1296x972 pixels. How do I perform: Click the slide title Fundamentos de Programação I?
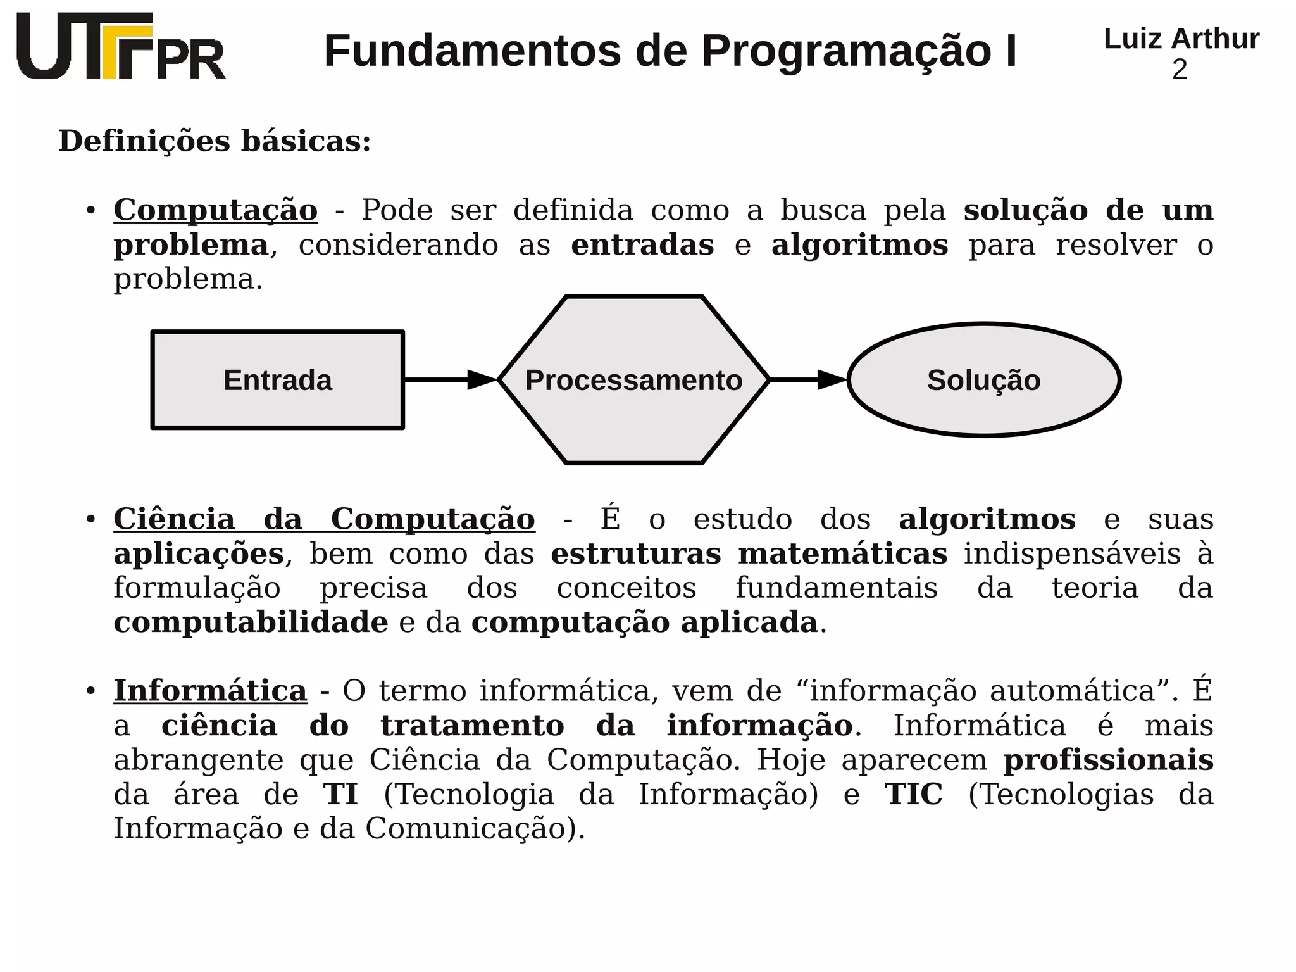(670, 51)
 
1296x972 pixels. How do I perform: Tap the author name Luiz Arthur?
(1181, 39)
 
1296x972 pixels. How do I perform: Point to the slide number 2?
(1180, 70)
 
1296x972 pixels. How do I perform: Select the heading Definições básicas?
(215, 141)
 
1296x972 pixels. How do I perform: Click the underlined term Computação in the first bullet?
(215, 210)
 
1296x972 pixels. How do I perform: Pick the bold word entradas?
(642, 245)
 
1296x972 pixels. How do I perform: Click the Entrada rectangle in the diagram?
(277, 380)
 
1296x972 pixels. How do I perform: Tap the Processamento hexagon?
(633, 380)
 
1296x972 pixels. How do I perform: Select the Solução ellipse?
(983, 380)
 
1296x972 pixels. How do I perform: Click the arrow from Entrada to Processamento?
(450, 380)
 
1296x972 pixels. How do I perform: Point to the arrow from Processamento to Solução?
(807, 380)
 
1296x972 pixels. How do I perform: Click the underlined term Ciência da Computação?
(324, 519)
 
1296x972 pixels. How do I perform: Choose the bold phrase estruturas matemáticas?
(749, 554)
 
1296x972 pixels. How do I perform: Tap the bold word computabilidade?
(251, 622)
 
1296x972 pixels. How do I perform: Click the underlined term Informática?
(210, 691)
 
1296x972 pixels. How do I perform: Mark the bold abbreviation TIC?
(913, 795)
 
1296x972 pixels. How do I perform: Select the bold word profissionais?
(1108, 760)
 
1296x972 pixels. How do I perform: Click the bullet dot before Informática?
(91, 690)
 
